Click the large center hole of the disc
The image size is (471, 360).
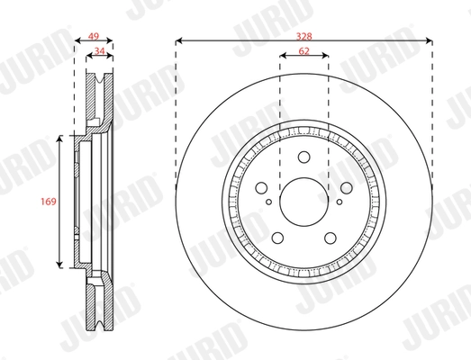304,202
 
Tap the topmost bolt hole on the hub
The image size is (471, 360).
304,162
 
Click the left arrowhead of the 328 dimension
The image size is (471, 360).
179,40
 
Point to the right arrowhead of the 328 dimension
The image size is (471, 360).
430,40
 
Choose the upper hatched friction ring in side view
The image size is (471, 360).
98,99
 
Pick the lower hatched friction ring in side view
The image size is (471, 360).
98,306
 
